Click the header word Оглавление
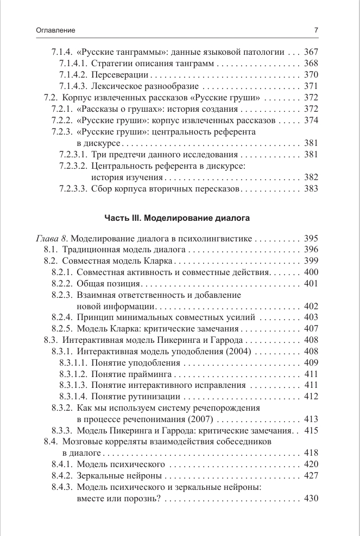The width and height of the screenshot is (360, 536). pos(55,31)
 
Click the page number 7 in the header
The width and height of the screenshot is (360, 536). pos(316,31)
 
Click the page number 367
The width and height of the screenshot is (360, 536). pos(311,53)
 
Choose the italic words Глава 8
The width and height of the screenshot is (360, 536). pos(52,239)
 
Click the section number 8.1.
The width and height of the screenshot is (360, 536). pos(51,250)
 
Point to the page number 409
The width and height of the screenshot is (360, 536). pos(311,362)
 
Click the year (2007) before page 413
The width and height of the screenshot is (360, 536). pos(201,419)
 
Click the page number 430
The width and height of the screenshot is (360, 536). pos(311,499)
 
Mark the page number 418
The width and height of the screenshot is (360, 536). pos(311,453)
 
